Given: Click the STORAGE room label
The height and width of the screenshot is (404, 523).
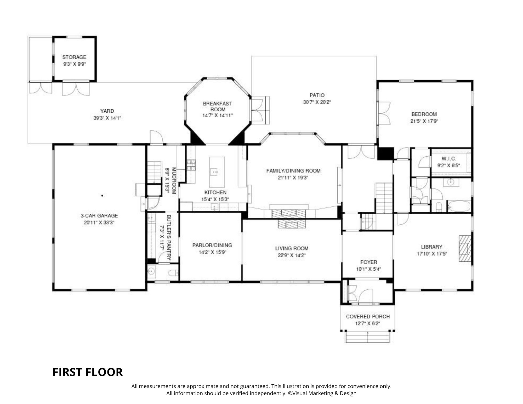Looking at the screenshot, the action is [x=74, y=57].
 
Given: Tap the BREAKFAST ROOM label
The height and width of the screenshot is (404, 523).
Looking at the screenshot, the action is [x=217, y=106].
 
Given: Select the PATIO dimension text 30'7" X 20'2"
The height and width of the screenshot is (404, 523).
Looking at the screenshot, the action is [x=317, y=102].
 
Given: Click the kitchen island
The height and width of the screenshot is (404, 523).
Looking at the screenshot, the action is [x=217, y=172].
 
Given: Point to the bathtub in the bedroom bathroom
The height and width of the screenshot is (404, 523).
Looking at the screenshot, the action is [x=459, y=206].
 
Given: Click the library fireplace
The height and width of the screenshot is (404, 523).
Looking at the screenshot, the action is [x=465, y=248].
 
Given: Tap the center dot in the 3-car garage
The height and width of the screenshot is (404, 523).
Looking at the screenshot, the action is [x=102, y=195].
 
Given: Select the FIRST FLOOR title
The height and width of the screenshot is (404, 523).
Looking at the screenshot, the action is [x=88, y=372].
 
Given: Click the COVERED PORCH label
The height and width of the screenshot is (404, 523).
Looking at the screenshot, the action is [x=368, y=316].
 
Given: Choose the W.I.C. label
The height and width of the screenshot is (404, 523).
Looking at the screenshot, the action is [x=449, y=159].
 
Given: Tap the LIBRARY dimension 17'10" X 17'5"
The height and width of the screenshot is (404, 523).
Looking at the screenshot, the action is [x=431, y=254].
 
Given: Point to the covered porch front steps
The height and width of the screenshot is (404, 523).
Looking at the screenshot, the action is [x=368, y=337].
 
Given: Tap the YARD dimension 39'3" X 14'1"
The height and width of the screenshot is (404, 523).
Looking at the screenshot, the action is [x=107, y=118].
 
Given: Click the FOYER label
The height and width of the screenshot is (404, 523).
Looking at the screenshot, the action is [x=369, y=262].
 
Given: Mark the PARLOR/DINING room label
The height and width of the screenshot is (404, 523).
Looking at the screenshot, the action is [x=212, y=245].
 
